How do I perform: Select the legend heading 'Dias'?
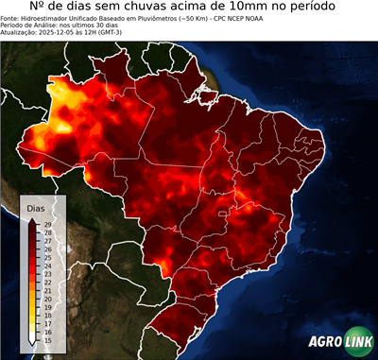(x=36, y=206)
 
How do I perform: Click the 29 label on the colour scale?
(x=47, y=224)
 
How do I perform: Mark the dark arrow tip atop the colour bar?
(x=33, y=219)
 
